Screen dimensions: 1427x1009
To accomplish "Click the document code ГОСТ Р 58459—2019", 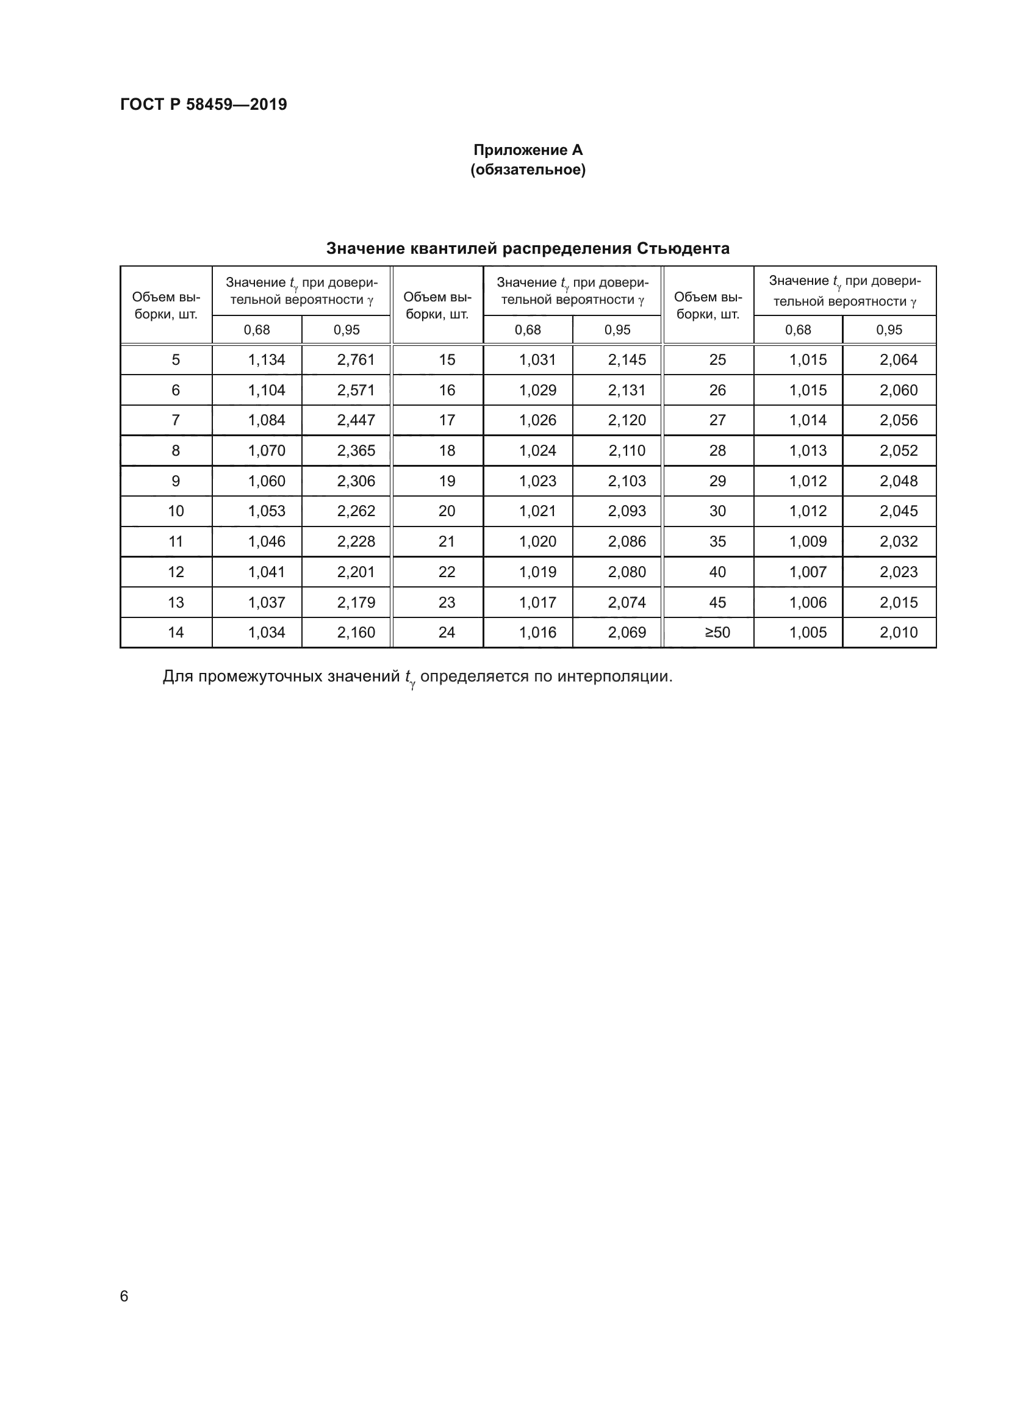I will coord(203,104).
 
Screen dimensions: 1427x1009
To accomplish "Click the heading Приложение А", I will coord(528,150).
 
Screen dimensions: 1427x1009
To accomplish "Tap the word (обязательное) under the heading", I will coord(528,170).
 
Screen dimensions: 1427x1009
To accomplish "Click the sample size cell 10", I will coord(176,511).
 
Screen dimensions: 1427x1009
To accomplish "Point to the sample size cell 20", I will coord(447,511).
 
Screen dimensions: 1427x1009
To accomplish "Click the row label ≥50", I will coord(717,633).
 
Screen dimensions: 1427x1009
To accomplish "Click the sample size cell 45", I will coord(717,602).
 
